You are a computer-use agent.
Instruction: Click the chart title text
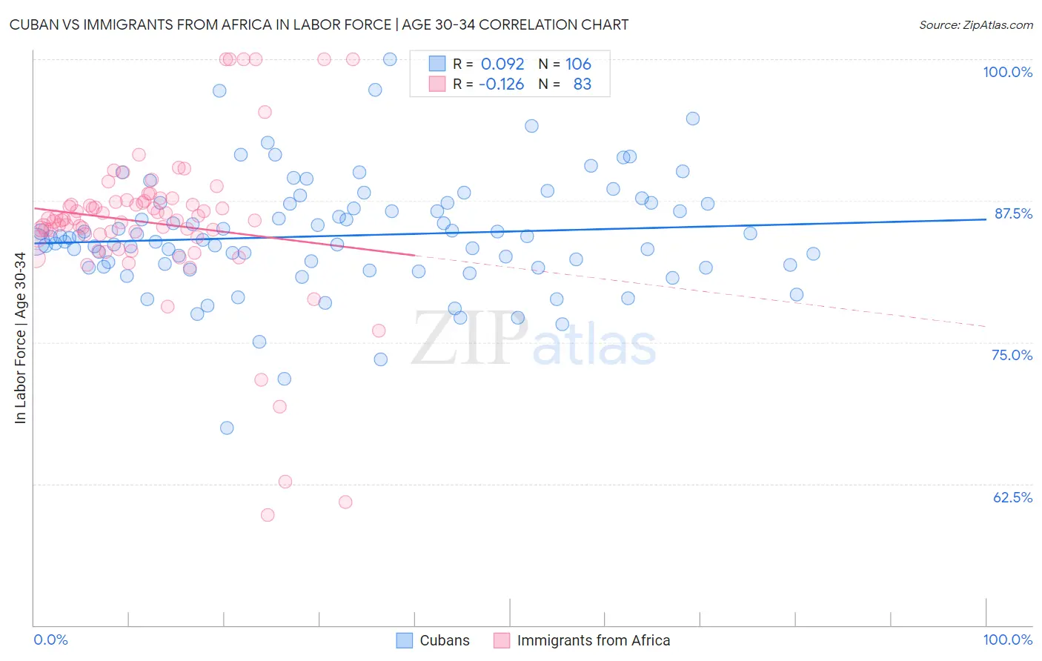pos(319,24)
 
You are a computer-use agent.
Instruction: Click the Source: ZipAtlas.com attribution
pos(975,24)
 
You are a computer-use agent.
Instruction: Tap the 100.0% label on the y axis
pos(1007,72)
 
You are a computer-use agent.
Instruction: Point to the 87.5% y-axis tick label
pos(1013,213)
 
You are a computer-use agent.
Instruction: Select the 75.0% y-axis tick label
pos(1012,355)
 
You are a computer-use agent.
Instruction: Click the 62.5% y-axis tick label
pos(1012,497)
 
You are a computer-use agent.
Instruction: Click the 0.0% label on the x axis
pos(50,640)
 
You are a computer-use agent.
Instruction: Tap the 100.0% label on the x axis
pos(1007,640)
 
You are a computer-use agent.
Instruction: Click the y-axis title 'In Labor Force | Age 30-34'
pos(20,338)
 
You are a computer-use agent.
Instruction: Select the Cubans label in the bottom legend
pos(445,640)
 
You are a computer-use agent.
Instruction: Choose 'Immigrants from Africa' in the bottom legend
pos(593,640)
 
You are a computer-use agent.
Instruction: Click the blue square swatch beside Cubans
pos(404,640)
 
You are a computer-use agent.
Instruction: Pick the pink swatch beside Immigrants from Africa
pos(502,640)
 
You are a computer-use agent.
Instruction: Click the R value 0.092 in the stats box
pos(502,64)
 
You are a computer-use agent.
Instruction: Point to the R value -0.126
pos(501,84)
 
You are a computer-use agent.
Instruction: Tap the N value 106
pos(578,64)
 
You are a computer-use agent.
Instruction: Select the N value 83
pos(583,84)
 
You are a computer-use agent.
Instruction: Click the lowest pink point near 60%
pos(268,515)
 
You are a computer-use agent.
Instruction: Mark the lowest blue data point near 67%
pos(227,428)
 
